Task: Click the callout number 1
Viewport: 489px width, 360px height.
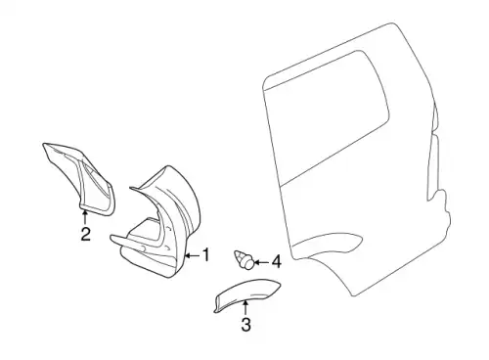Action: [205, 254]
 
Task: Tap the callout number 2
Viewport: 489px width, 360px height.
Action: [85, 234]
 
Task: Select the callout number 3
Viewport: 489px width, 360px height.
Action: [246, 325]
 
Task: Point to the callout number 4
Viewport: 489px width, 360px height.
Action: [277, 262]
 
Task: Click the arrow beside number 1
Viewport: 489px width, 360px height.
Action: [192, 255]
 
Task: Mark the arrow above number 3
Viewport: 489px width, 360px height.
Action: [245, 308]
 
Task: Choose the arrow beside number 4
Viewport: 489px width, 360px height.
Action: [261, 262]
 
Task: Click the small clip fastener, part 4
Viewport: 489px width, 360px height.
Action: [244, 259]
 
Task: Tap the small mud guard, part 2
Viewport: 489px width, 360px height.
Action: [81, 178]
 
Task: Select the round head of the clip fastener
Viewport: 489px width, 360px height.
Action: [248, 263]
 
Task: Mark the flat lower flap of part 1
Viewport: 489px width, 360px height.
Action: [149, 266]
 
